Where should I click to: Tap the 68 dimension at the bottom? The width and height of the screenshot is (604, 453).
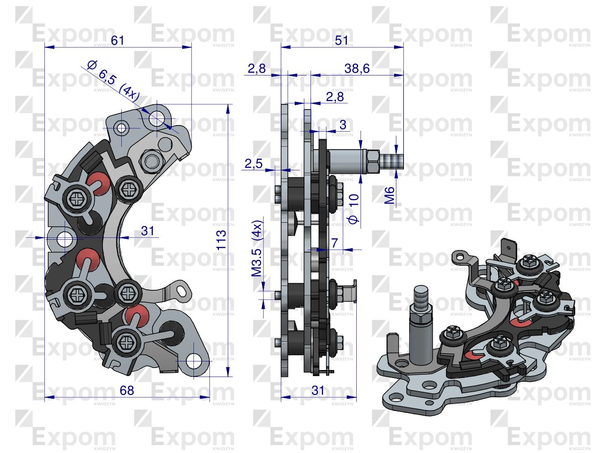coord(127,390)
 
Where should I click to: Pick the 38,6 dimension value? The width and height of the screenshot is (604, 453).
coord(357,68)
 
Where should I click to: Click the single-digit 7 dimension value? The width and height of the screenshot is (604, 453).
coord(335,243)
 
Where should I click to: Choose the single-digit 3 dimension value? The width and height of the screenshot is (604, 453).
coord(343,125)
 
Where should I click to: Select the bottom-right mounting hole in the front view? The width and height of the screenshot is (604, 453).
coord(193,361)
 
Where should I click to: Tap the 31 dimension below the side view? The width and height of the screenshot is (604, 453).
coord(319,390)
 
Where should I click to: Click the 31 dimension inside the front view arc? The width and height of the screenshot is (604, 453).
coord(148,231)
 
